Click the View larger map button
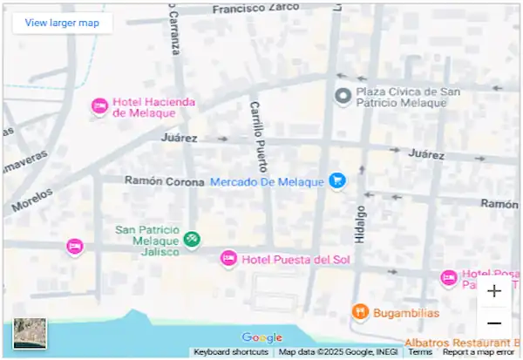click(x=62, y=23)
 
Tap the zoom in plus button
click(x=494, y=291)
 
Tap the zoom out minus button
click(x=494, y=323)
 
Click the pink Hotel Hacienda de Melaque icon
click(x=99, y=106)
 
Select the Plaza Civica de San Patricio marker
click(x=343, y=96)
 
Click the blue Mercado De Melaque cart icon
click(x=337, y=181)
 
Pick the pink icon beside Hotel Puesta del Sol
click(x=228, y=258)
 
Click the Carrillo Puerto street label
click(x=258, y=135)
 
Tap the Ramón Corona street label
click(x=163, y=181)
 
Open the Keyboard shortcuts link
click(x=231, y=352)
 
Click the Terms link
click(x=420, y=352)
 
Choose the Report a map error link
click(x=478, y=352)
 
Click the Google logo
click(x=262, y=337)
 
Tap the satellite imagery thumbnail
click(x=30, y=334)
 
